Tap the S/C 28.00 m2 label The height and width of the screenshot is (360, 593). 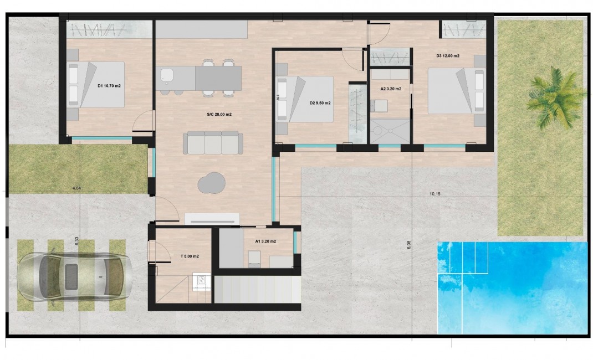pyautogui.click(x=219, y=115)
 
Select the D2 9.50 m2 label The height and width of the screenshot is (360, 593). pyautogui.click(x=320, y=104)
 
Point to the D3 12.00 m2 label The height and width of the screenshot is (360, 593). pyautogui.click(x=448, y=56)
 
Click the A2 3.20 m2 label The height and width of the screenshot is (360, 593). pyautogui.click(x=391, y=89)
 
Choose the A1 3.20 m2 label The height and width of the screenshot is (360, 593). pyautogui.click(x=265, y=241)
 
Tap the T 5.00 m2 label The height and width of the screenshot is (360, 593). pyautogui.click(x=190, y=256)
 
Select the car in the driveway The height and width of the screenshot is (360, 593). pyautogui.click(x=75, y=275)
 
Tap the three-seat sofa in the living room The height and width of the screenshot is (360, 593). pyautogui.click(x=213, y=143)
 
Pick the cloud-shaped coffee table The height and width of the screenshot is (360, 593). pyautogui.click(x=212, y=183)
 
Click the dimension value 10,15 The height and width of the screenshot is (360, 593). pyautogui.click(x=438, y=194)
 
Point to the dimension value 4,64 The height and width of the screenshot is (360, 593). pyautogui.click(x=78, y=189)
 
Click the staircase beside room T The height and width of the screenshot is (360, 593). pyautogui.click(x=257, y=289)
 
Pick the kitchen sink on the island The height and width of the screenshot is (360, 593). pyautogui.click(x=166, y=75)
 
